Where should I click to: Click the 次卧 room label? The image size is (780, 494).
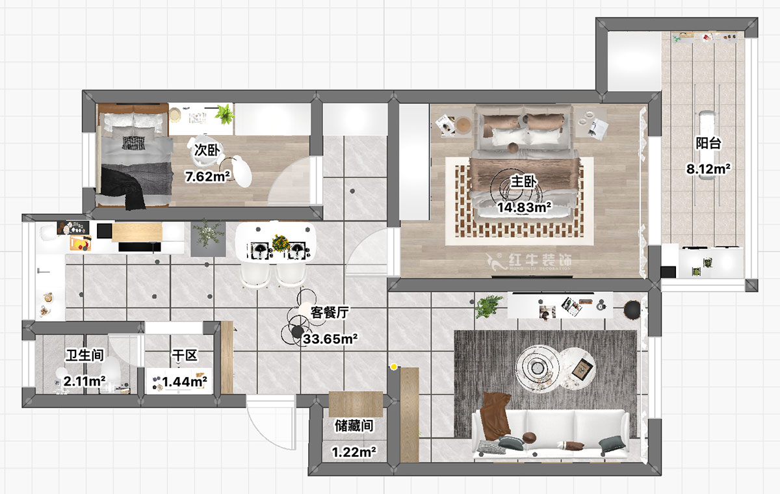tap(207, 149)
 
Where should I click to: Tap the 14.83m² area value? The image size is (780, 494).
tap(524, 208)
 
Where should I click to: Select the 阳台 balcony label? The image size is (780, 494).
tap(708, 144)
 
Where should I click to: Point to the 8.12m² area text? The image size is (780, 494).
tap(708, 169)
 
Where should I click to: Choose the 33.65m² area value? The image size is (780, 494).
tap(331, 338)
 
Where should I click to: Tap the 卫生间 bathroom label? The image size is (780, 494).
tap(85, 356)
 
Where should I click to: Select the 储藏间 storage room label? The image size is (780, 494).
tap(354, 426)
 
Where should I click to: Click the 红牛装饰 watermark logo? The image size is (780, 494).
tap(530, 261)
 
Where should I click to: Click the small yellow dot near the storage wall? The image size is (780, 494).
tap(393, 368)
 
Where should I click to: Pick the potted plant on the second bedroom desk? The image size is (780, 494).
tap(225, 114)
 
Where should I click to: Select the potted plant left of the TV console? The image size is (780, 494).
tap(489, 306)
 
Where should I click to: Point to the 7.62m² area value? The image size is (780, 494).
tap(207, 176)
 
